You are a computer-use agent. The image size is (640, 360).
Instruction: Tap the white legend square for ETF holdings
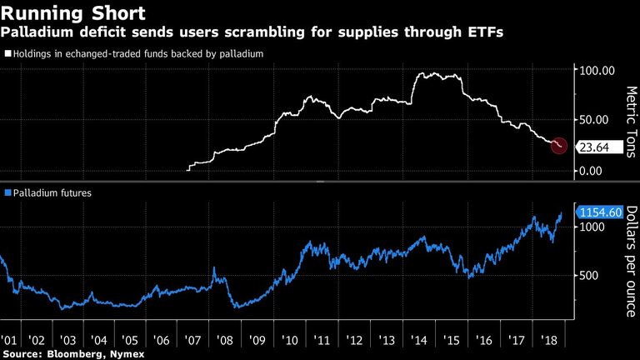[x=8, y=53]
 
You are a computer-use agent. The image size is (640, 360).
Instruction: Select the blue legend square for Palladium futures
[x=8, y=192]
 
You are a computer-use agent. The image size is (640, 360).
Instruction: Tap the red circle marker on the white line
[x=559, y=145]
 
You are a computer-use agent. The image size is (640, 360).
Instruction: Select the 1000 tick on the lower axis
[x=593, y=227]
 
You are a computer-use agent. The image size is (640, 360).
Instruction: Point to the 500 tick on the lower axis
[x=590, y=276]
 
